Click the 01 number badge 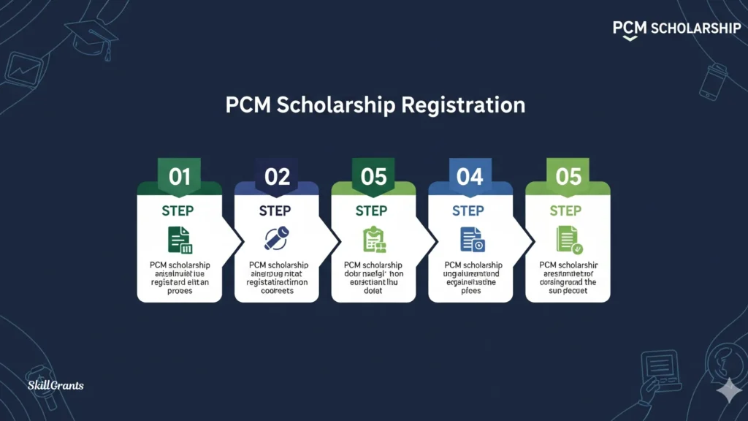coord(180,177)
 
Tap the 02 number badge coord(277,177)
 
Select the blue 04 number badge coord(470,177)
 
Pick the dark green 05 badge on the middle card coord(373,177)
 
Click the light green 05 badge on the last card coord(568,177)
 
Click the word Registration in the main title coord(463,105)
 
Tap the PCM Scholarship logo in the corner coord(676,29)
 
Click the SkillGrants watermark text coord(55,385)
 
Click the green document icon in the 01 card coord(180,240)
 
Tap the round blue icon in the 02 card coord(276,238)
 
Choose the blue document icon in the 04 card coord(470,240)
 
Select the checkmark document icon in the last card coord(568,239)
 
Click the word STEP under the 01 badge coord(178,211)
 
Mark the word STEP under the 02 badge coord(275,211)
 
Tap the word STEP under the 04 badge coord(468,211)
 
